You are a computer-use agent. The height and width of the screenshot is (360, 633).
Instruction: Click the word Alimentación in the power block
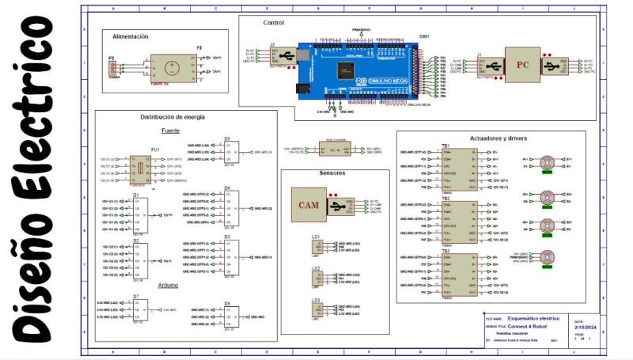[x=131, y=36]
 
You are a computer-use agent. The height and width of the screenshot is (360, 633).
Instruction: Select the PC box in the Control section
[x=520, y=65]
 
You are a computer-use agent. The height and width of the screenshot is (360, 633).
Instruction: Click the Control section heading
[x=273, y=22]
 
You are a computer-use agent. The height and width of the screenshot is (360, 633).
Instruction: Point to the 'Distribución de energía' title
[x=172, y=116]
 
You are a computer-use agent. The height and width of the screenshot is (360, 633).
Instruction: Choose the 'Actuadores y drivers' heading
[x=498, y=138]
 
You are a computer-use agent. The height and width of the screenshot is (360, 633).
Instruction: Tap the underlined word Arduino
[x=168, y=285]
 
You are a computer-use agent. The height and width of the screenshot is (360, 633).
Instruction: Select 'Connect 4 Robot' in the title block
[x=527, y=326]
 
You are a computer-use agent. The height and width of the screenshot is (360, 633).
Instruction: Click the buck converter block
[x=332, y=150]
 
